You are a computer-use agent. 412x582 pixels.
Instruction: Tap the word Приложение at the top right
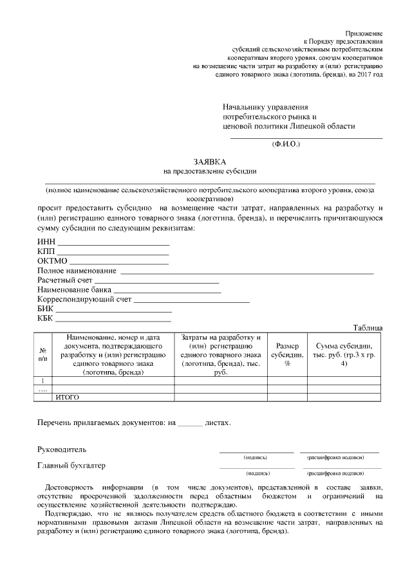coord(364,32)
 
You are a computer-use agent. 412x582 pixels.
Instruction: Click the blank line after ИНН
coord(113,244)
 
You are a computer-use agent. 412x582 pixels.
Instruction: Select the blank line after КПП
coord(113,254)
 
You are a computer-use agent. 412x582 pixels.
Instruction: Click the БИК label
coord(45,309)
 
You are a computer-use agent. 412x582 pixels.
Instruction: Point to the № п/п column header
coord(43,353)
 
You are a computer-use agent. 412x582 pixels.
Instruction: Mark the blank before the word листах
coord(189,424)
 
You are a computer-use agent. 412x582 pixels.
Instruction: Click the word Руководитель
coord(62,449)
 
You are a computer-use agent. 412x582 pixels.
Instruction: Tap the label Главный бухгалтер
coord(71,465)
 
